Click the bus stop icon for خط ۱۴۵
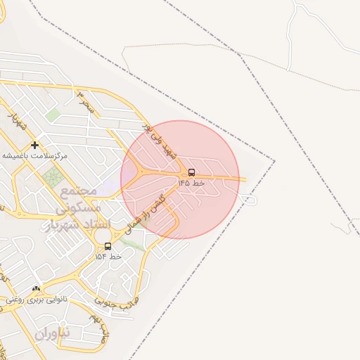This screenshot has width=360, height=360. click(191, 172)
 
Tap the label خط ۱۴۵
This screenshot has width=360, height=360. click(191, 183)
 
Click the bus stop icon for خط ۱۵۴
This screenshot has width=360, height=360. click(108, 246)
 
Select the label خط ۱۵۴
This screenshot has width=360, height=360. click(108, 257)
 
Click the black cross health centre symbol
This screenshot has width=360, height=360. click(34, 145)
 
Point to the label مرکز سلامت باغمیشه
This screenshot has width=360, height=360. click(34, 155)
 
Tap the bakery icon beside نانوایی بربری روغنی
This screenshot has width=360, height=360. click(36, 288)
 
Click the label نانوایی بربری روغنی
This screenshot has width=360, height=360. click(36, 299)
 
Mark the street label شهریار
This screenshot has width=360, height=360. click(17, 120)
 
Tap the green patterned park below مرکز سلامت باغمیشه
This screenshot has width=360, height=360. click(51, 177)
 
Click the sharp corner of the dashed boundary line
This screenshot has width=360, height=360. click(274, 161)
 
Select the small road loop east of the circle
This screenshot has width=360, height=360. click(249, 200)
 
